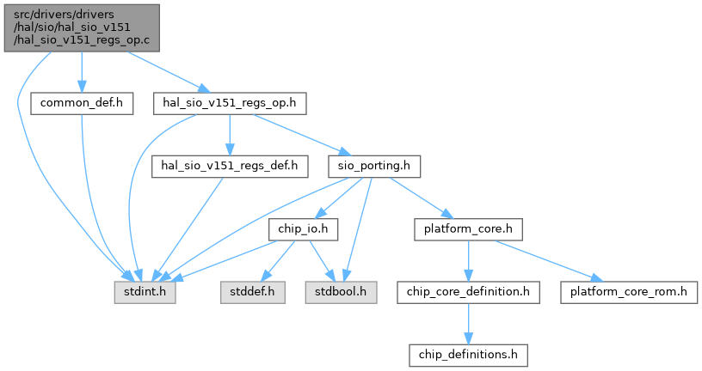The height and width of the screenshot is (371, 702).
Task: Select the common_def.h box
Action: (x=77, y=103)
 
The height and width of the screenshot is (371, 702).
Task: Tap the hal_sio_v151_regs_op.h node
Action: (x=230, y=103)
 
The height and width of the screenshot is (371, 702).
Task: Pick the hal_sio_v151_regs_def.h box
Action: (x=230, y=166)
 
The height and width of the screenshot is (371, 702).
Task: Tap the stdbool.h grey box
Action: (x=342, y=292)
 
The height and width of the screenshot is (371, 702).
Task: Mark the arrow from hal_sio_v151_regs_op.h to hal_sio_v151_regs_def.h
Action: (x=230, y=134)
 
